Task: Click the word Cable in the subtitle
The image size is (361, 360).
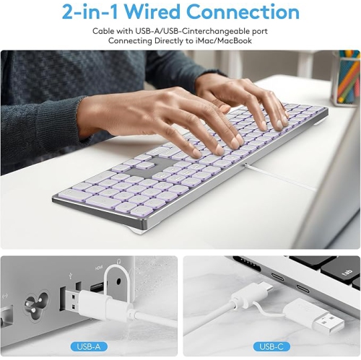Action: pos(105,32)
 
